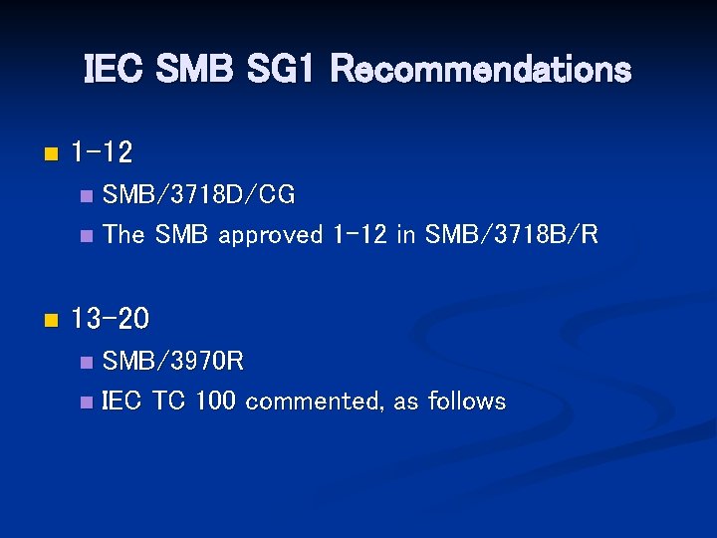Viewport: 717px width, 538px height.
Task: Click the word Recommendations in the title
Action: (x=480, y=70)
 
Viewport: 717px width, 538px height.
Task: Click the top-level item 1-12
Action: (x=102, y=153)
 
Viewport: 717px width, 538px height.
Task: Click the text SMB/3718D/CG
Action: (x=199, y=195)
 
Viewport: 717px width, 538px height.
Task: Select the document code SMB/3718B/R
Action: (x=511, y=235)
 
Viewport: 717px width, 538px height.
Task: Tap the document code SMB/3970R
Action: (x=173, y=361)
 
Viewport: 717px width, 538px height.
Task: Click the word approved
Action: (x=271, y=236)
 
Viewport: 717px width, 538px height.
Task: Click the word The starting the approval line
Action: (x=124, y=235)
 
